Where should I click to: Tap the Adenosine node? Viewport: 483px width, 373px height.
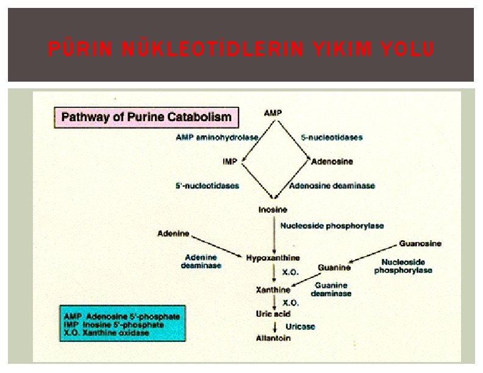[x=332, y=162]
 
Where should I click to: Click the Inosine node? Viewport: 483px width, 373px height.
[x=273, y=210]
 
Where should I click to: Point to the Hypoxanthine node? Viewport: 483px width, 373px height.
[x=273, y=258]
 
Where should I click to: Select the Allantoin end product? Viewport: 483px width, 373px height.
[x=273, y=338]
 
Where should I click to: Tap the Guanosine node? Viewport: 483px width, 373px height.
[x=420, y=243]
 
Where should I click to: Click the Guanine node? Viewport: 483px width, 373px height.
[x=334, y=268]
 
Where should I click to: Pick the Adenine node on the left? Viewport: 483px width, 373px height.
[x=173, y=233]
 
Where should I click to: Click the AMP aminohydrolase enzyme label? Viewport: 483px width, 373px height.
[x=208, y=138]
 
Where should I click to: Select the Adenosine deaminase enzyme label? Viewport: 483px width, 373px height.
[x=332, y=185]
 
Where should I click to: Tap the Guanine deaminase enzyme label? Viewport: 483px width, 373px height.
[x=331, y=289]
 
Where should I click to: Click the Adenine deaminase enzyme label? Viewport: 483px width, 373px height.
[x=201, y=261]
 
